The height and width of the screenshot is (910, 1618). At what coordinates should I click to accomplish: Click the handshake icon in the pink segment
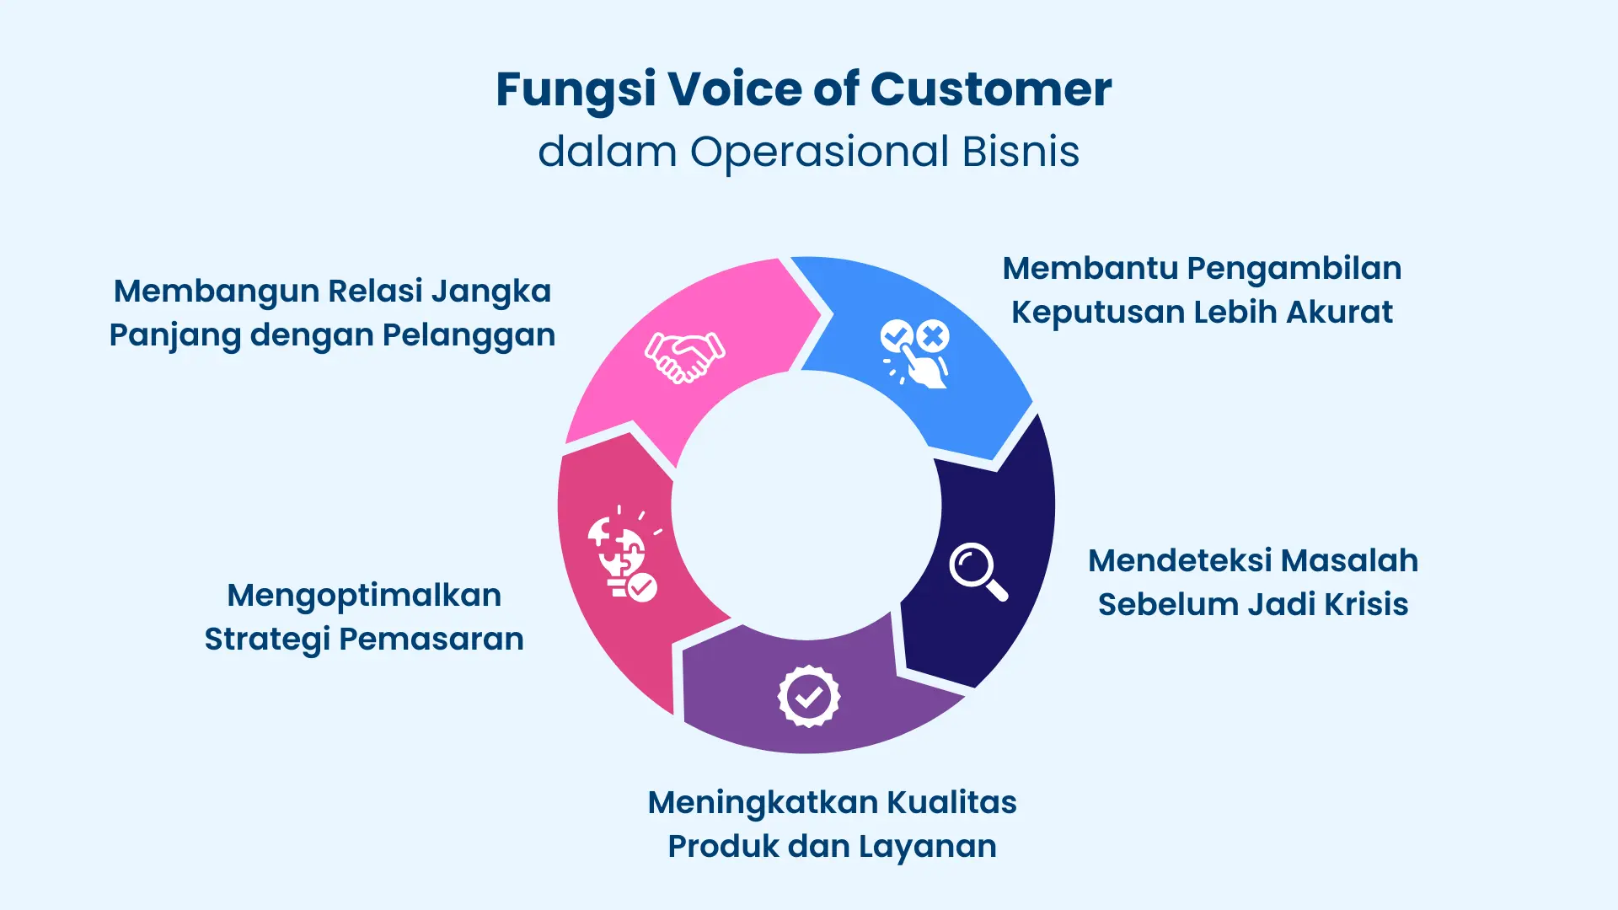point(684,357)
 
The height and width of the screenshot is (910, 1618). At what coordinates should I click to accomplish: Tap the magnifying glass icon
point(978,571)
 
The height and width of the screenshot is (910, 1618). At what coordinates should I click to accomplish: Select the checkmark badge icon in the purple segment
point(808,697)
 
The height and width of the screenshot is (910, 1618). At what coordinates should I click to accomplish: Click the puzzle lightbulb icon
point(622,556)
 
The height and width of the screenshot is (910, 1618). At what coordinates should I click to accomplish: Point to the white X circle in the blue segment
point(933,336)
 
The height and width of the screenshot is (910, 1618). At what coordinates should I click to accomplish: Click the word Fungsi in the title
point(576,90)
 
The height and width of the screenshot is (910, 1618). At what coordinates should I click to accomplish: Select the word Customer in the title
point(991,89)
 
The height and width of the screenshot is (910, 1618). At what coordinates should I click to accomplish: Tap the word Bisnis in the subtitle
point(1021,153)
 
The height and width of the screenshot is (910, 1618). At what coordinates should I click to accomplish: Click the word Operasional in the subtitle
point(820,153)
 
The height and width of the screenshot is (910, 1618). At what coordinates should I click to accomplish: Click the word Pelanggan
point(469,335)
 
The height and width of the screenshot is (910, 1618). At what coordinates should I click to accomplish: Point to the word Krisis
point(1366,605)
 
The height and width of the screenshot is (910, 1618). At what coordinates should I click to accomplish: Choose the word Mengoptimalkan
point(364,597)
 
